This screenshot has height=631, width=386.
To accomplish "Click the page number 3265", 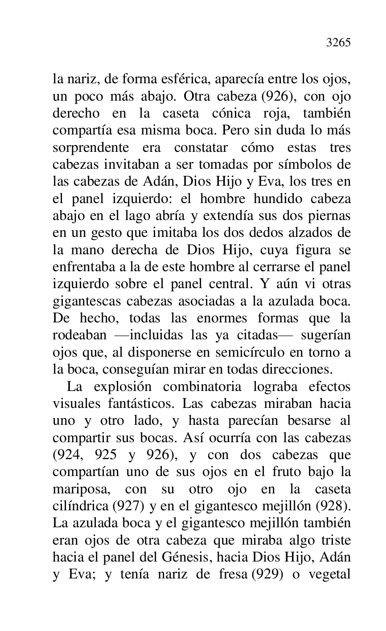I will pos(338,43).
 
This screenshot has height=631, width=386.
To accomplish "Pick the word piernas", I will pos(330,216).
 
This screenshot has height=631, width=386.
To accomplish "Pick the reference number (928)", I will pos(335,506).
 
